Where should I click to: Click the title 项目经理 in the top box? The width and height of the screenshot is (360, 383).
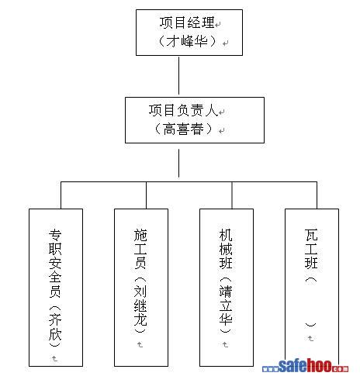click(187, 22)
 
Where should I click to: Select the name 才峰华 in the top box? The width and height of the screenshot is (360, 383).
click(187, 41)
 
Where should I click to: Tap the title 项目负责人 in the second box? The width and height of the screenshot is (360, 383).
click(183, 110)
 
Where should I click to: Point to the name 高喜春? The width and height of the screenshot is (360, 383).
click(183, 129)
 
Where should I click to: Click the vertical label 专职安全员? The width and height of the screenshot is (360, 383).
click(55, 264)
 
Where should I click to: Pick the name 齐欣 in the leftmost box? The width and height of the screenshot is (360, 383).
click(55, 327)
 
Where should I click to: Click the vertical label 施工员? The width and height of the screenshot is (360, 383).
click(140, 249)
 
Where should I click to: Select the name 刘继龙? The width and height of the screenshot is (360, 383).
click(140, 305)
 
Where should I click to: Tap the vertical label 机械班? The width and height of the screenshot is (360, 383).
click(226, 249)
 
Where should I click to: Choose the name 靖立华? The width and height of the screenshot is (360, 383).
click(226, 305)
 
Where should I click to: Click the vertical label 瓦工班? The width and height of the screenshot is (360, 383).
click(311, 249)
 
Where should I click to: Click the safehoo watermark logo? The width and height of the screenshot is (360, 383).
click(305, 366)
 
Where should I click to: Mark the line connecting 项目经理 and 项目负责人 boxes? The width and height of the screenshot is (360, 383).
click(178, 76)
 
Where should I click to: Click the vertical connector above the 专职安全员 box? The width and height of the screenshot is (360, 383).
click(61, 195)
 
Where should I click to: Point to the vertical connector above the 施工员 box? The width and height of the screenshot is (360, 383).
click(146, 195)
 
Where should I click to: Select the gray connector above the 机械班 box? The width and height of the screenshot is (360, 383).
click(232, 195)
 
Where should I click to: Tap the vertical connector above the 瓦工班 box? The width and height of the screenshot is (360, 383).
click(317, 195)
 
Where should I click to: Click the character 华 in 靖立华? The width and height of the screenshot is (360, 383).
click(226, 319)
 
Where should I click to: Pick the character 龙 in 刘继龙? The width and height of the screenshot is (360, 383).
click(140, 319)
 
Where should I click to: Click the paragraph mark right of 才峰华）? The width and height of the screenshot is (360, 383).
click(226, 43)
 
